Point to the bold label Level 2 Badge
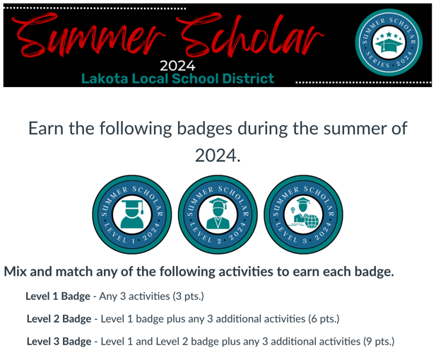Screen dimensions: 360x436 59,318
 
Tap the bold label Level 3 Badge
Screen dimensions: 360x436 59,341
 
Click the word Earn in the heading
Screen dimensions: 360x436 46,129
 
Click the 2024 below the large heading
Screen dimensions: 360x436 218,156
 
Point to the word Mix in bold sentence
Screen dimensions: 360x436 18,272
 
